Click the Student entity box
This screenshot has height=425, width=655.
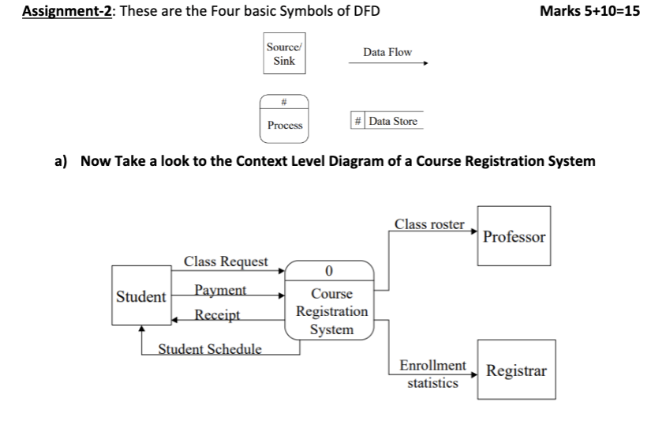tap(141, 297)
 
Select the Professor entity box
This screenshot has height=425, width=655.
tap(514, 236)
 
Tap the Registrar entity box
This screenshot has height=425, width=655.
tap(515, 370)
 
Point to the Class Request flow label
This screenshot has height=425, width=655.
tap(226, 261)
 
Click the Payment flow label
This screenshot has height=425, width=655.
tap(221, 290)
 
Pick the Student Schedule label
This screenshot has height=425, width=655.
tap(211, 348)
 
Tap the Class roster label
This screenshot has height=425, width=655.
tap(429, 224)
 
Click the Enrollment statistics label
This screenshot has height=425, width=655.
tap(432, 374)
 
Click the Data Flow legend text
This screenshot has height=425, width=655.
tap(387, 52)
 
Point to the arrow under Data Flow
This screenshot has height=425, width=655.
tap(387, 66)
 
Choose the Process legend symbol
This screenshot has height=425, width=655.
tap(284, 118)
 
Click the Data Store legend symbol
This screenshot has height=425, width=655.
tap(386, 121)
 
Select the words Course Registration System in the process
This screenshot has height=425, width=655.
tap(331, 311)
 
